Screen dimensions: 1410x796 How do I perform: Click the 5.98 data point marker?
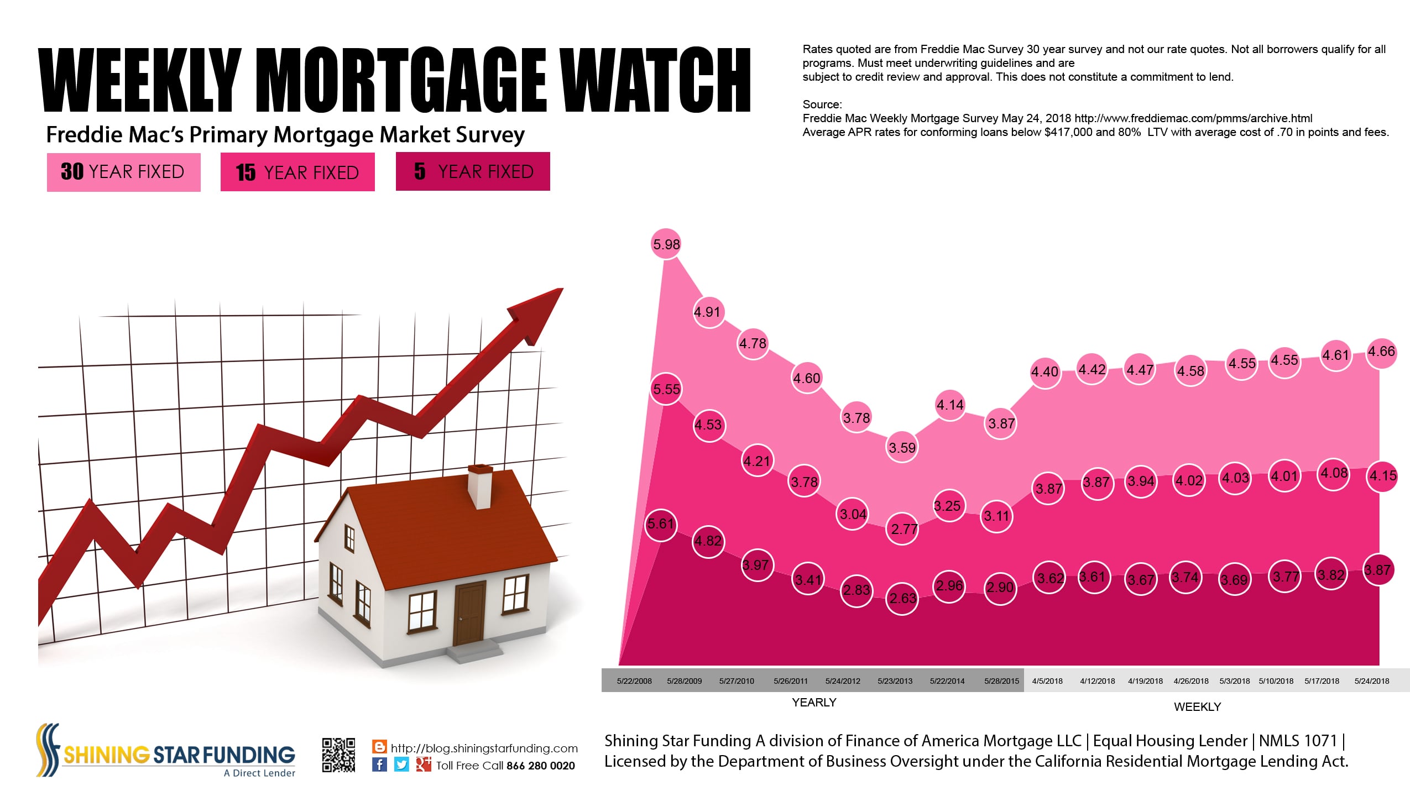[666, 244]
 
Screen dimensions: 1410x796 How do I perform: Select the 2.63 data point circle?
[902, 598]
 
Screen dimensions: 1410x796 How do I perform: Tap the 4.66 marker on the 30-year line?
[1381, 352]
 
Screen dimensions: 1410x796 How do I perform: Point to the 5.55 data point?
[666, 389]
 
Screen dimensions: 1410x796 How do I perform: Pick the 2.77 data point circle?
[903, 529]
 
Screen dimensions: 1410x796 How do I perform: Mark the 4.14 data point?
[950, 405]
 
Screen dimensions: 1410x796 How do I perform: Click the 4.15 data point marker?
[1382, 476]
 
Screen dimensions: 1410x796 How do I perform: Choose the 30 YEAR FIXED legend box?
[123, 172]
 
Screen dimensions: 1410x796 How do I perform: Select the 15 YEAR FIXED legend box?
[297, 172]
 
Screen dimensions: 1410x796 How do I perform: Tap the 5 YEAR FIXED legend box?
[473, 171]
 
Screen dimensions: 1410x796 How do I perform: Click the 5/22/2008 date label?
[634, 681]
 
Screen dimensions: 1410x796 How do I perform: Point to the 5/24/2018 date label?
[1372, 681]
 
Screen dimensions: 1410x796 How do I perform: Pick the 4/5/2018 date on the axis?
[1047, 681]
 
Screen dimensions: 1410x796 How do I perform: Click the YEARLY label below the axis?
[814, 703]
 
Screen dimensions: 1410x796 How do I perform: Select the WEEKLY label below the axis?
[1197, 707]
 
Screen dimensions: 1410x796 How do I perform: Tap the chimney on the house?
[480, 486]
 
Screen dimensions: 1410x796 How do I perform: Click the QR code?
[339, 755]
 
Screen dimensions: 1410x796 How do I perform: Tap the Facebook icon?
[379, 764]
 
